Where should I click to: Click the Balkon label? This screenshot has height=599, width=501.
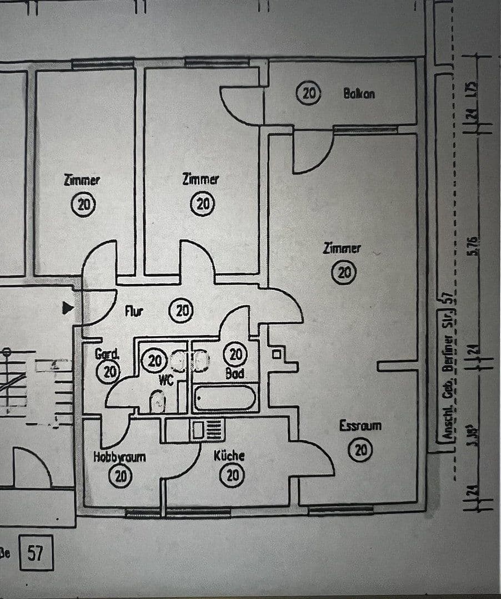(x=359, y=94)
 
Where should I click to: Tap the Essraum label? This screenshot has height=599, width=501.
(x=360, y=426)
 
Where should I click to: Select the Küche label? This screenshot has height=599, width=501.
(x=229, y=456)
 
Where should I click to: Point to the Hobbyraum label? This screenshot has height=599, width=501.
(x=119, y=457)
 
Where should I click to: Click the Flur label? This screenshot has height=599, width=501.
(x=134, y=312)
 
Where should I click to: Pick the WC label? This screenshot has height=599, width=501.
(x=166, y=380)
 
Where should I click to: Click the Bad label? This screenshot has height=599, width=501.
(x=235, y=374)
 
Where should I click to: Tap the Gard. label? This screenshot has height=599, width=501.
(x=107, y=353)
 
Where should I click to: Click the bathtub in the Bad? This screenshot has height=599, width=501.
(x=226, y=398)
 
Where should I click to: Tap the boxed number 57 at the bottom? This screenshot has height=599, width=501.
(x=36, y=553)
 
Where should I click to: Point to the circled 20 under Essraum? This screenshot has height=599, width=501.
(x=360, y=450)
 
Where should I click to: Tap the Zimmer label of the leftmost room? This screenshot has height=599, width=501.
(x=82, y=180)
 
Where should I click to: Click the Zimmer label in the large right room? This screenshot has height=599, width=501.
(x=342, y=248)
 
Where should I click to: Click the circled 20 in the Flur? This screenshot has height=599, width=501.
(x=181, y=311)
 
